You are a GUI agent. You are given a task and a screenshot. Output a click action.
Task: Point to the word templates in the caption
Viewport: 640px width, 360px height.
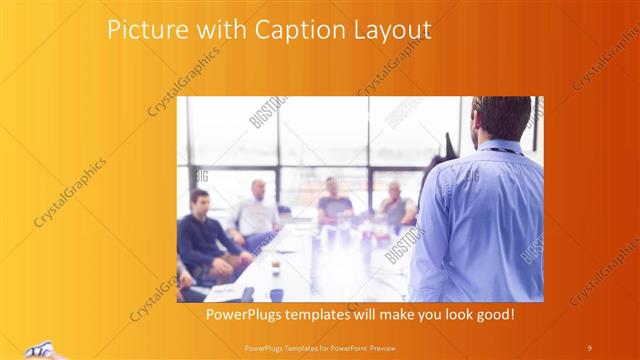(331, 315)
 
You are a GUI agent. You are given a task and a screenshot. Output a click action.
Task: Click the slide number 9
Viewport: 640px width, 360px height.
(589, 347)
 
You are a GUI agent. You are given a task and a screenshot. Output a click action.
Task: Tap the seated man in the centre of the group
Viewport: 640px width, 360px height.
(334, 205)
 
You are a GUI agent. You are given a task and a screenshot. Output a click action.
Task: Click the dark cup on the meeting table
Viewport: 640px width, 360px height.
(277, 295)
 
